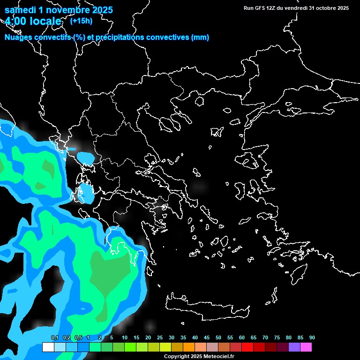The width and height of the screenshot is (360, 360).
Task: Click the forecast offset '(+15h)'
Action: click(81, 21)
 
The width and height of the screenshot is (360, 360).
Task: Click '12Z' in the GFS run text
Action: click(270, 8)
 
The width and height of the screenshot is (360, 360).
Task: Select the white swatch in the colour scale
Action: click(48, 347)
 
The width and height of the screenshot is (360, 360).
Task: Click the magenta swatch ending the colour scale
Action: click(306, 347)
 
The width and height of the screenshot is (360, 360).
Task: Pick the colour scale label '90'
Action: click(312, 337)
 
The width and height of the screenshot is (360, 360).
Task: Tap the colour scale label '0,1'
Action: click(54, 337)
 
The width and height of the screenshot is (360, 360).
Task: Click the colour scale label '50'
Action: click(218, 337)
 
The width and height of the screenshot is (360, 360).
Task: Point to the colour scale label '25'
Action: click(160, 337)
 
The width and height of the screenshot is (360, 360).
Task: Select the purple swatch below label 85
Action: click(294, 347)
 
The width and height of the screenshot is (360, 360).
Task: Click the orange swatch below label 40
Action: click(188, 347)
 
